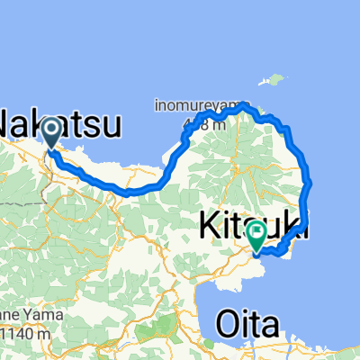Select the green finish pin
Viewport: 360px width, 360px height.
(257, 235)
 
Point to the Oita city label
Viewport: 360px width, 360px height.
(247, 323)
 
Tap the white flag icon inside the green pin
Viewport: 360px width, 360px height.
(257, 233)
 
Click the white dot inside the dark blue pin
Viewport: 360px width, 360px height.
(51, 130)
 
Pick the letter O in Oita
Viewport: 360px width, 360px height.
(225, 323)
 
